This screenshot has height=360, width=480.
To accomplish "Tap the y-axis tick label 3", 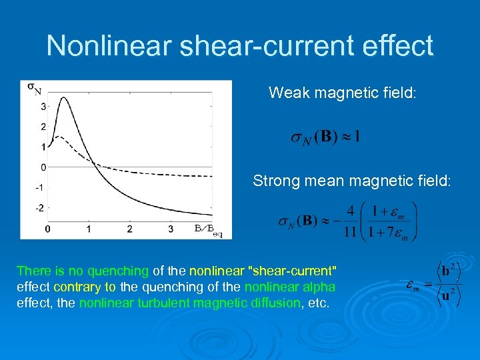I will pos(43,106).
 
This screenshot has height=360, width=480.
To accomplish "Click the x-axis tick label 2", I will pos(130,229).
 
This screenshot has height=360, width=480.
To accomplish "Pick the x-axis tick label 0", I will pos(47,229).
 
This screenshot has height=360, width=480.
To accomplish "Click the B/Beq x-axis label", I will pos(208,229).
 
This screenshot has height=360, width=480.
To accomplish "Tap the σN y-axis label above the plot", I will pos(33,87).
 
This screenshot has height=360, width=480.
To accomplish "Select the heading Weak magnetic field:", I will pos(342,93).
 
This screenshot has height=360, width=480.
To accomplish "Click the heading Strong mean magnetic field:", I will pos(352,181).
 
